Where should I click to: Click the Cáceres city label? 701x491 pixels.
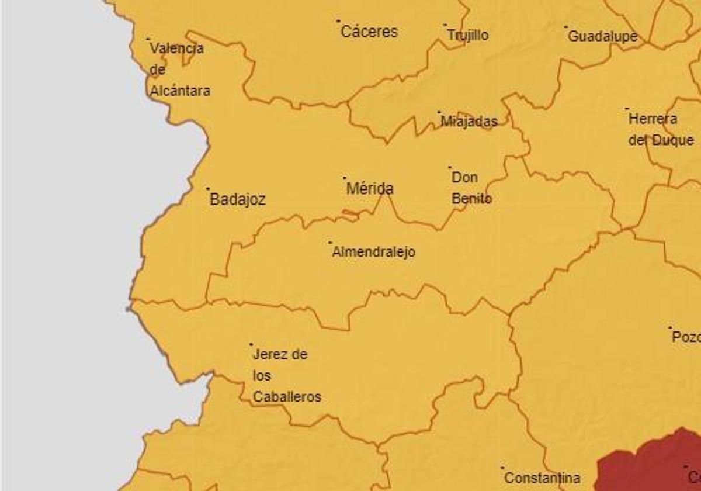(x=369, y=32)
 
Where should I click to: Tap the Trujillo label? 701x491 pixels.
(x=468, y=36)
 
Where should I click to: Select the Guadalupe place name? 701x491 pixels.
(x=602, y=37)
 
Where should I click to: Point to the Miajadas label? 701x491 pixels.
(x=469, y=122)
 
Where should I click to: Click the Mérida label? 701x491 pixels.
(x=370, y=189)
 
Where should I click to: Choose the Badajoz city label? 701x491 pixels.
(x=238, y=200)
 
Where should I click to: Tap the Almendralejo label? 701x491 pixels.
(x=373, y=253)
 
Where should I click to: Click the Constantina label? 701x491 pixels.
(x=542, y=478)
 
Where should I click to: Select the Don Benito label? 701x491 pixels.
(x=471, y=188)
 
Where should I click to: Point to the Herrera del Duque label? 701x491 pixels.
(x=661, y=130)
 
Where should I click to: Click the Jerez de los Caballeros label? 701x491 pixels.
(x=286, y=376)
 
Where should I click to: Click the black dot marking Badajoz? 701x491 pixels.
(x=208, y=189)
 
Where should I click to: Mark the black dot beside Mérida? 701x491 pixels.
(x=344, y=178)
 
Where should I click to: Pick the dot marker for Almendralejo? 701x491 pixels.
(x=330, y=242)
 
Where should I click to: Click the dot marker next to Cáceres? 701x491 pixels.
(x=338, y=21)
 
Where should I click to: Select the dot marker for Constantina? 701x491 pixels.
(x=502, y=468)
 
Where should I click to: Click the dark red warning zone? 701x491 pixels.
(x=648, y=465)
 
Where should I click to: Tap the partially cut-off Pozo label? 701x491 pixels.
(x=686, y=337)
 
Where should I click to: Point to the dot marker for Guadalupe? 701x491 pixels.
(x=565, y=27)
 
